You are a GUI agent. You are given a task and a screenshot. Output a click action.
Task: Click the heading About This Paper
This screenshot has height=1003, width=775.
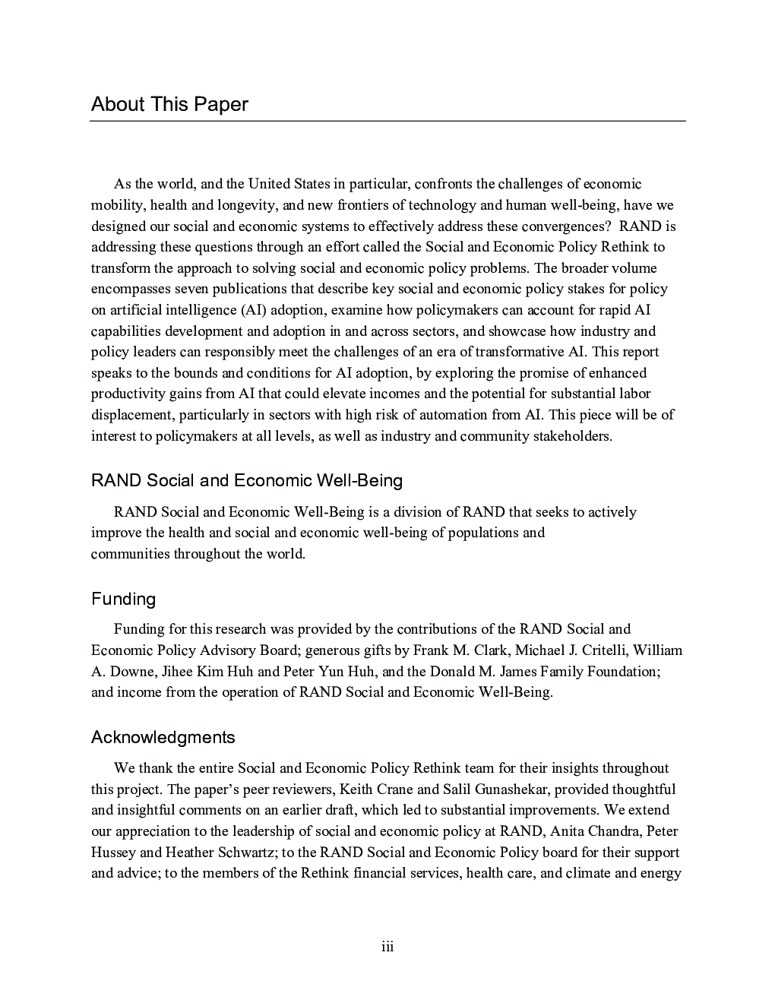coord(169,104)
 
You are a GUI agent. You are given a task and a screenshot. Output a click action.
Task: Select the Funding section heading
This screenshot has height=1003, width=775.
coord(123,600)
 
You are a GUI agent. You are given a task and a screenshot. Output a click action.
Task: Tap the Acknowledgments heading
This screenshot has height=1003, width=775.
coord(163,738)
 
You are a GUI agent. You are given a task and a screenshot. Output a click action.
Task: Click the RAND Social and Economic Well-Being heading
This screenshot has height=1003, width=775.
coord(246,481)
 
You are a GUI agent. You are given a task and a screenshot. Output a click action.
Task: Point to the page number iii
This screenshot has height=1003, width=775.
coord(387,947)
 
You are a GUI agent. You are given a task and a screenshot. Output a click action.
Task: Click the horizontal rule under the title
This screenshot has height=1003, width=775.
coord(387,121)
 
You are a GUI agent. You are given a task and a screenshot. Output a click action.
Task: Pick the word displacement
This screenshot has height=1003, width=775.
coord(128,415)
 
